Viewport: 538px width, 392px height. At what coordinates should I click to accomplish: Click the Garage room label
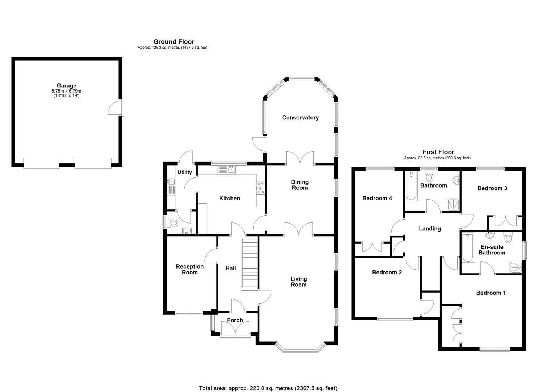point(66,86)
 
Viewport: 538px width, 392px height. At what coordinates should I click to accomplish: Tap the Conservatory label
point(300,118)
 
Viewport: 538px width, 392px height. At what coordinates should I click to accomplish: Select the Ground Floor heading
point(174,42)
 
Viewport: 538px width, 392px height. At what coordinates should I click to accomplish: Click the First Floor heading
point(438,152)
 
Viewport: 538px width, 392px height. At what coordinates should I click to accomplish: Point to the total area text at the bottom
point(268,388)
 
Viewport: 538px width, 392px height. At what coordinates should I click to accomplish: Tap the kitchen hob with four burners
point(260,188)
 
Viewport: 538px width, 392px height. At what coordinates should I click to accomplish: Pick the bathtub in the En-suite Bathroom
point(468,248)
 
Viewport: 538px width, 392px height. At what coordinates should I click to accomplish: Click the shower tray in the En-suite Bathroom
point(516,267)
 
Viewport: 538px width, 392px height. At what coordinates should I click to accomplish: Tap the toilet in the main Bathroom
point(430,177)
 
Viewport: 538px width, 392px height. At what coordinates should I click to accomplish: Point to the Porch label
point(235,320)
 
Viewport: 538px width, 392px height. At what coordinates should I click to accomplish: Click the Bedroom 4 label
point(377,198)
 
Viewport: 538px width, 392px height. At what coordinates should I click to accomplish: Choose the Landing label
point(430,229)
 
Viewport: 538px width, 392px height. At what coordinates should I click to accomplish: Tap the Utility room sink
point(171,181)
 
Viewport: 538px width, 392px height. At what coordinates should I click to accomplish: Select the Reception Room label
point(189,269)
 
